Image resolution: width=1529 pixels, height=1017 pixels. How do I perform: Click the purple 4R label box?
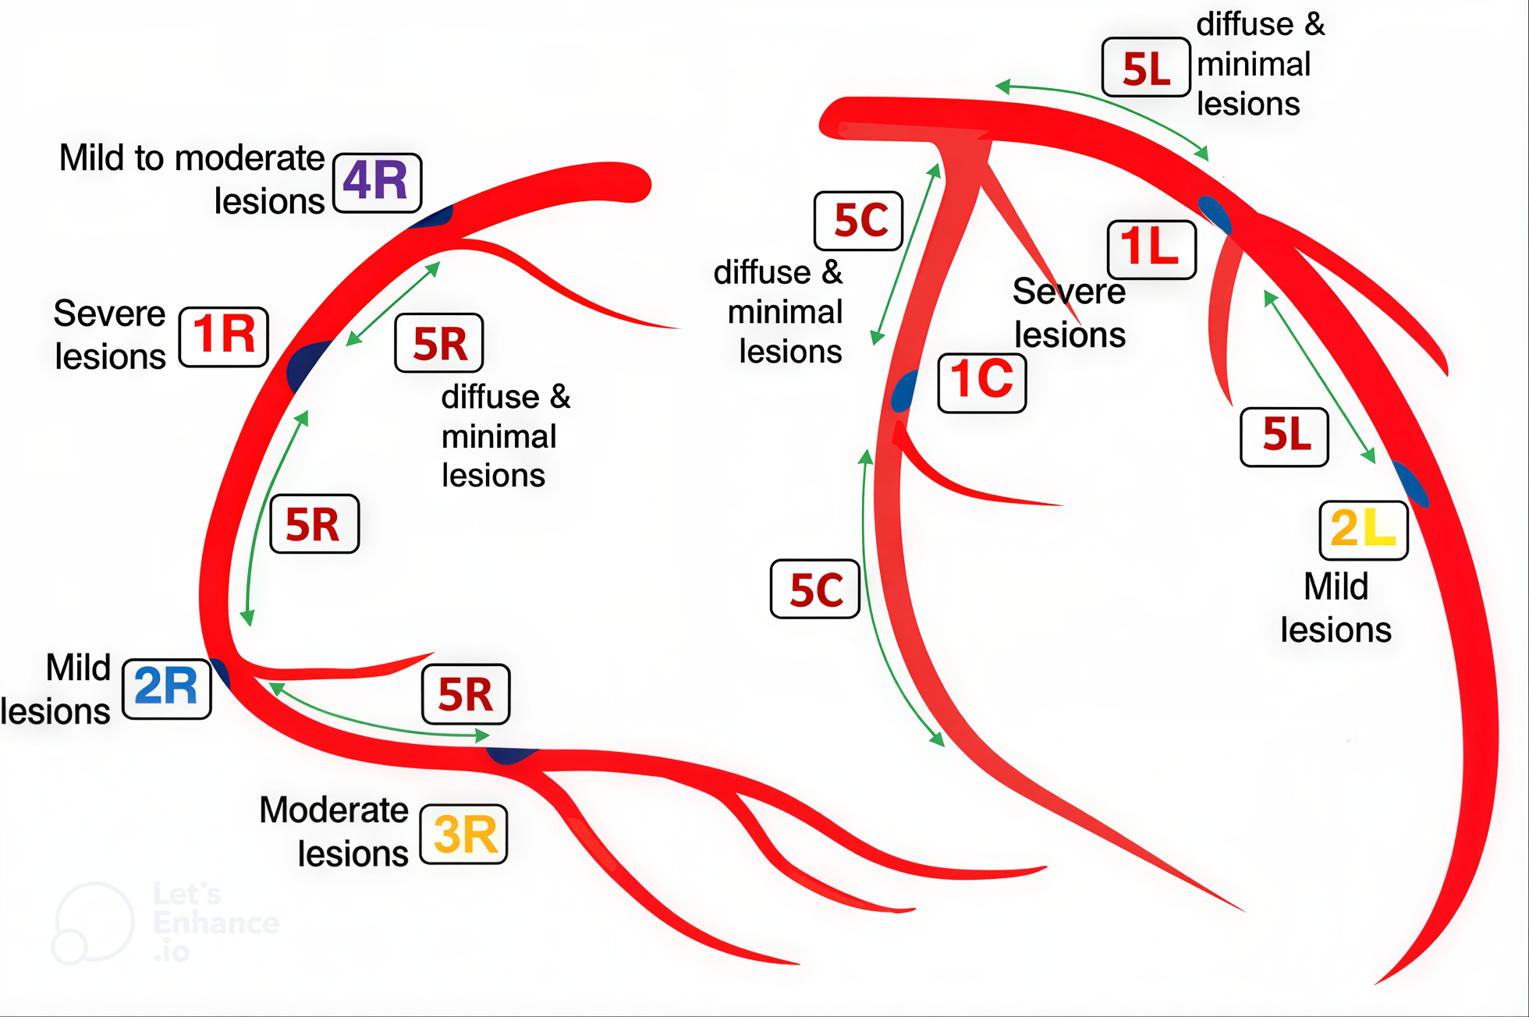point(378,182)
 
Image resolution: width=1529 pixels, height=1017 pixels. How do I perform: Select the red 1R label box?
point(224,337)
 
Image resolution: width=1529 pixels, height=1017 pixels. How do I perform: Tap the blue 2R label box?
point(167,689)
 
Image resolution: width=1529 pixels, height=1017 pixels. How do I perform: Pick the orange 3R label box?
point(464,835)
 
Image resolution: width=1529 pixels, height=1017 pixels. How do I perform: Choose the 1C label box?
point(982,382)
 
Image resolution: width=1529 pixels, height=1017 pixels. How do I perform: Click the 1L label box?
point(1152,250)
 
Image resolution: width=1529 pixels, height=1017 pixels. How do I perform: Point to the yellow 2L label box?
point(1364,530)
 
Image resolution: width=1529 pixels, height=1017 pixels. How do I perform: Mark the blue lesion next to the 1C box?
point(904,391)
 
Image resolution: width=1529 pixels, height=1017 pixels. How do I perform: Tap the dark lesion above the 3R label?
point(511,755)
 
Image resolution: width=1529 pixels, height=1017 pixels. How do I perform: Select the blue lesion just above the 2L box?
point(1410,484)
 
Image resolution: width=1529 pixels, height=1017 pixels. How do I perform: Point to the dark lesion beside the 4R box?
point(431,217)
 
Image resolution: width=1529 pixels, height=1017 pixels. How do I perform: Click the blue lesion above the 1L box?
point(1215,214)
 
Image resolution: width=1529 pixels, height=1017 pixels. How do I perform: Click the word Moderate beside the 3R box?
point(334,810)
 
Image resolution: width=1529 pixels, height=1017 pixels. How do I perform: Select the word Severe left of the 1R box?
point(109,314)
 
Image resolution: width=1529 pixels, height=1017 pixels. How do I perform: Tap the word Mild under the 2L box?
point(1336,586)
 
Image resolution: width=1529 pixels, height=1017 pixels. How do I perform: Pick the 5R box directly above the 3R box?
point(466,694)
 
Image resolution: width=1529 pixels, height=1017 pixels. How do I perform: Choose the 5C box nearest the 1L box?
point(858,221)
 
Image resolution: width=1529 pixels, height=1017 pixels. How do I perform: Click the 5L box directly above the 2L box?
point(1284,437)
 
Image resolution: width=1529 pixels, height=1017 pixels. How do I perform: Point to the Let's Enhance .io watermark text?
point(216,922)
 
